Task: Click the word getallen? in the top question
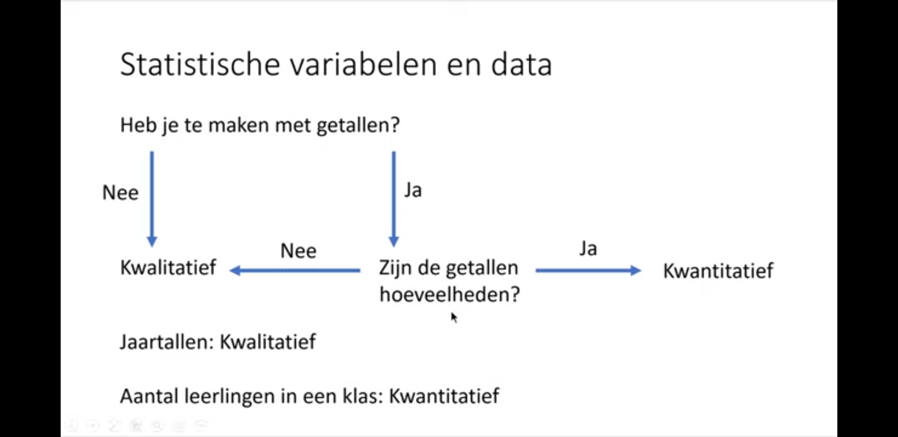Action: pos(358,125)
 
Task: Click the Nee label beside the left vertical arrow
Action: pos(121,192)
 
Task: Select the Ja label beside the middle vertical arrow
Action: pos(413,190)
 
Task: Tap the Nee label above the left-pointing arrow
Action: pos(299,251)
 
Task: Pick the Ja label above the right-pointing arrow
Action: pos(588,248)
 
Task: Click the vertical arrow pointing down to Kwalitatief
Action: pos(152,199)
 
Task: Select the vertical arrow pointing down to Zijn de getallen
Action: pos(394,199)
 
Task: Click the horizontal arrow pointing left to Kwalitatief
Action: pos(295,270)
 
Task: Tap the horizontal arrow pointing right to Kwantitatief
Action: pos(589,270)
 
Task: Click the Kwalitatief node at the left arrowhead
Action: pos(168,267)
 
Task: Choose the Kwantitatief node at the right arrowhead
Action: pos(718,271)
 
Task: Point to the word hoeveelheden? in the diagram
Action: pos(450,294)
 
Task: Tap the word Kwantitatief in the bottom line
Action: pos(444,396)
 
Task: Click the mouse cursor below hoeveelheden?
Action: pos(454,318)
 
